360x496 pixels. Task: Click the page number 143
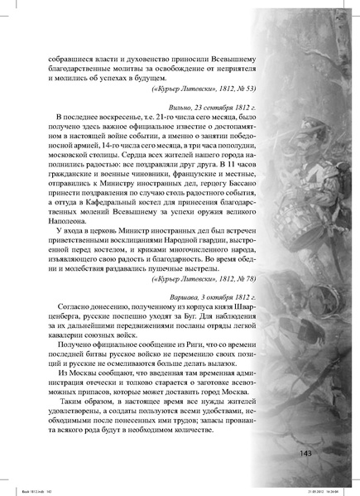tap(300, 453)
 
